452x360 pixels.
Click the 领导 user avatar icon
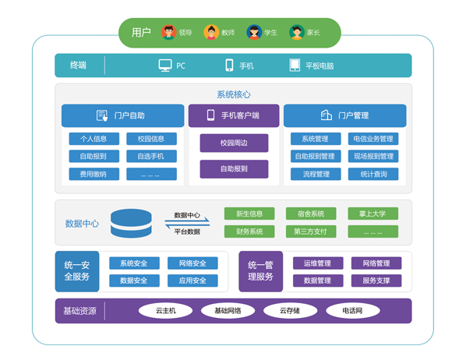[x=168, y=32]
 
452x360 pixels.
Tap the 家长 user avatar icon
[x=297, y=32]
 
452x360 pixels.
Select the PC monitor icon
[x=165, y=65]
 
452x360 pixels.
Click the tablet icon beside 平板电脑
[x=295, y=65]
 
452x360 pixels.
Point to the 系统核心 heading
[x=234, y=94]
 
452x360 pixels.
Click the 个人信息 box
[x=94, y=139]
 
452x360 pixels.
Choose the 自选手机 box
[x=151, y=156]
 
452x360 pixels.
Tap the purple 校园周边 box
[x=234, y=143]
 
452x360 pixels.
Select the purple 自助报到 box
[x=234, y=169]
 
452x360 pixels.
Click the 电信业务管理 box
[x=373, y=139]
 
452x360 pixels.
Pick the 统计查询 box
[x=373, y=174]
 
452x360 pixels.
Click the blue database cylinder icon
[x=131, y=224]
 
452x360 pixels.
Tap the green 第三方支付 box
[x=311, y=231]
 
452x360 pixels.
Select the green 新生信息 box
[x=249, y=214]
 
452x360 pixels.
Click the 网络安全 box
[x=192, y=263]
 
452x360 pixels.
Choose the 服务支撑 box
[x=376, y=281]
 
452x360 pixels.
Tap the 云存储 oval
[x=290, y=311]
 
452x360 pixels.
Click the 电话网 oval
[x=352, y=311]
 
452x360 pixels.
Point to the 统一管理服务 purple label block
[x=260, y=271]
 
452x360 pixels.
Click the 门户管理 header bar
[x=344, y=115]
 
